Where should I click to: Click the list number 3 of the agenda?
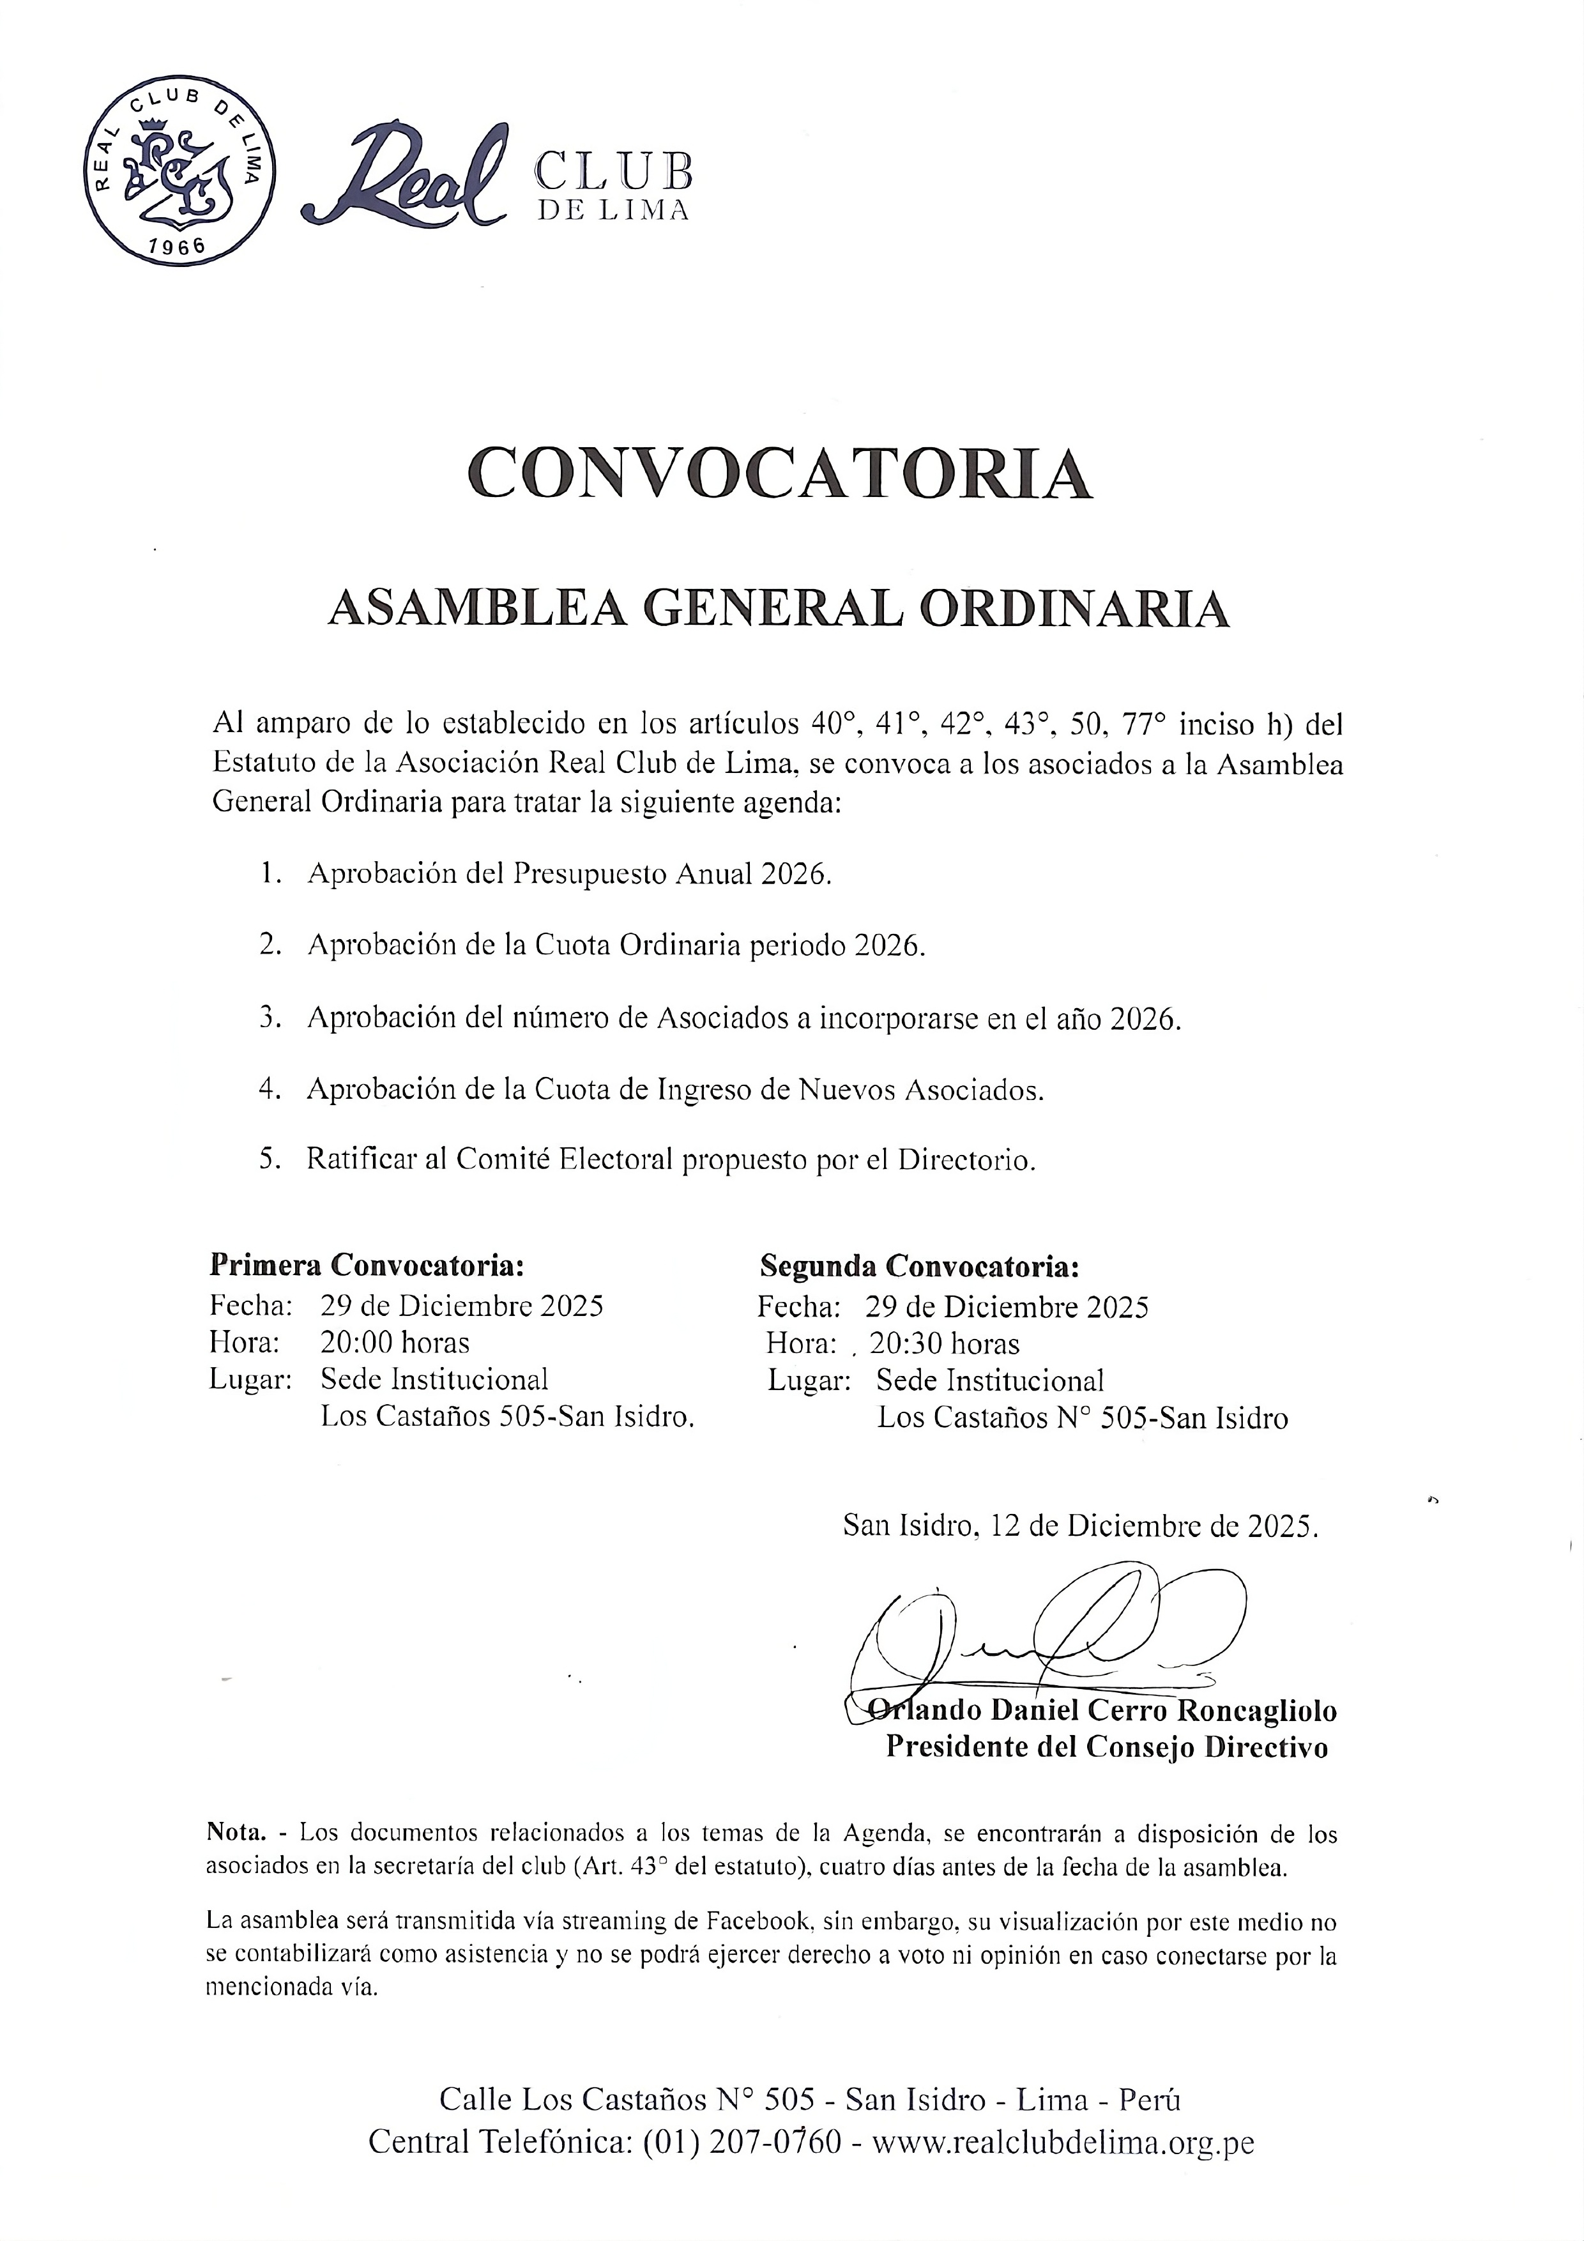tap(270, 1017)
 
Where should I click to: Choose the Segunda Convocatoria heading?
tap(919, 1266)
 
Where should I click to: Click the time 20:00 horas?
tap(394, 1342)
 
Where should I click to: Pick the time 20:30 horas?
tap(944, 1344)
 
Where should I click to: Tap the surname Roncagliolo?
tap(1257, 1710)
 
